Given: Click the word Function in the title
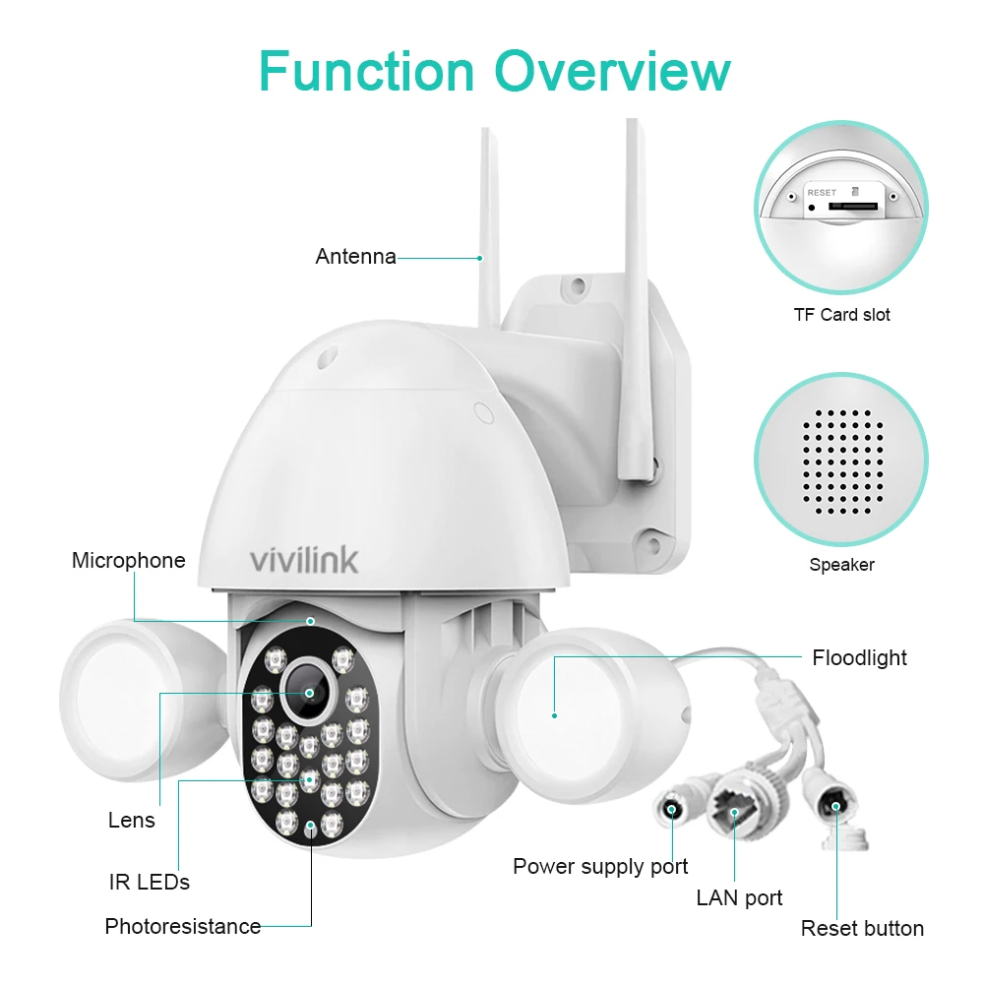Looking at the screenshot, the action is pos(366,71).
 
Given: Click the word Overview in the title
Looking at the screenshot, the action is pos(613,71).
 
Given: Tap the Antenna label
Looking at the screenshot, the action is pos(356,256).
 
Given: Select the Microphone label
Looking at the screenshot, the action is pos(129,560).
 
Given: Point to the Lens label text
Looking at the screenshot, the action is pos(131,820).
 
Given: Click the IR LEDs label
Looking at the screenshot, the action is pos(150,882).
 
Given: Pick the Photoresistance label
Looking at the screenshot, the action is pos(183,926).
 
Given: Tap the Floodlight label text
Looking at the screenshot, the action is pos(859,657).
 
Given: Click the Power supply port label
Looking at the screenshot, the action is pos(600,867).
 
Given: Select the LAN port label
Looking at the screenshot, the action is pos(739,898).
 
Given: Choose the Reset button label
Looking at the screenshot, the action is pos(862,928).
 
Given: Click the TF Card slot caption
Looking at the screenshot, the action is pos(841,315).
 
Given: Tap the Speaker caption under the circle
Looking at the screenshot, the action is pos(841,565).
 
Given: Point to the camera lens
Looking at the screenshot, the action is pos(309,693).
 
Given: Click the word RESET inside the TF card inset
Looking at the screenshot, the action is pos(822,193).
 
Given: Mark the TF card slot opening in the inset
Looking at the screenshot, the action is pos(853,206).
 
